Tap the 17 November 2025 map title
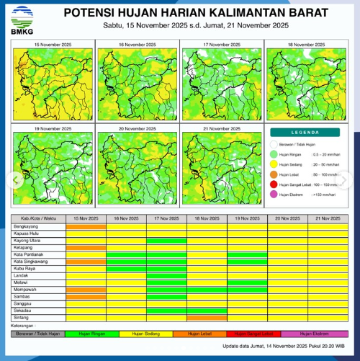(220, 45)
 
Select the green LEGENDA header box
(305, 133)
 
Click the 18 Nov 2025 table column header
(207, 218)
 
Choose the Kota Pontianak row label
(29, 254)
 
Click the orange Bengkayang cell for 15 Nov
(86, 226)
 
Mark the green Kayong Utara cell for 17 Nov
(166, 240)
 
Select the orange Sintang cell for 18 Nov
(207, 318)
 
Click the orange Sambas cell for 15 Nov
(86, 297)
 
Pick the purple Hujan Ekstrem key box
(315, 334)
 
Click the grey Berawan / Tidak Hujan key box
(38, 334)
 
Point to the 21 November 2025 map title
(220, 128)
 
